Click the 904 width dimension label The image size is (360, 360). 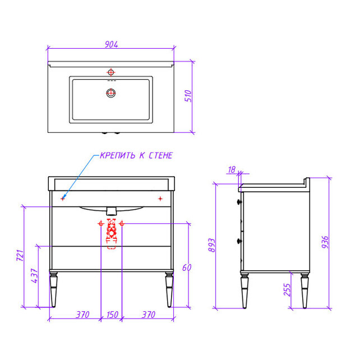click(112, 44)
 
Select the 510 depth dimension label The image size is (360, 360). click(188, 96)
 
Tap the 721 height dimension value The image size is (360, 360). click(20, 255)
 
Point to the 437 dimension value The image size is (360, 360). click(34, 275)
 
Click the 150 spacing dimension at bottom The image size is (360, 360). click(112, 315)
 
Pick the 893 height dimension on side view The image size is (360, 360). click(212, 245)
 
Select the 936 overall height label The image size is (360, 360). click(325, 242)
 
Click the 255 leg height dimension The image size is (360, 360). click(287, 290)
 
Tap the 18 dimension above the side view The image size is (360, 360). click(232, 170)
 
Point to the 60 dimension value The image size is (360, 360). click(187, 267)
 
